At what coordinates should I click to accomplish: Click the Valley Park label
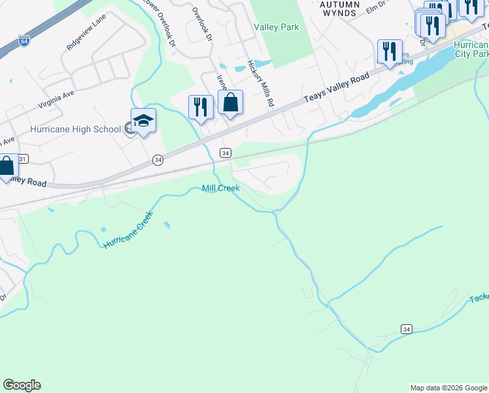pyautogui.click(x=276, y=27)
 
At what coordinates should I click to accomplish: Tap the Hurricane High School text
pyautogui.click(x=75, y=129)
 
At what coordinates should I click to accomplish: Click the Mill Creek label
pyautogui.click(x=220, y=188)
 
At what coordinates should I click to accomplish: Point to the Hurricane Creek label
pyautogui.click(x=128, y=230)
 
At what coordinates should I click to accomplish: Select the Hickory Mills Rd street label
pyautogui.click(x=259, y=84)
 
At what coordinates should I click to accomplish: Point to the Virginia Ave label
pyautogui.click(x=56, y=100)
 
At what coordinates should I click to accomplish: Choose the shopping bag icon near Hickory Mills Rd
pyautogui.click(x=230, y=103)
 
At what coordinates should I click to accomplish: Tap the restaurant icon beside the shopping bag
pyautogui.click(x=201, y=107)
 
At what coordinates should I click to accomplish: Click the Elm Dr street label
pyautogui.click(x=377, y=9)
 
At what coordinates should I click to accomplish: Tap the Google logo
pyautogui.click(x=22, y=385)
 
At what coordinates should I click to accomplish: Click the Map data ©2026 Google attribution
pyautogui.click(x=448, y=388)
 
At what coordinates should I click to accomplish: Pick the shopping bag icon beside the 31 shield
pyautogui.click(x=7, y=166)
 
